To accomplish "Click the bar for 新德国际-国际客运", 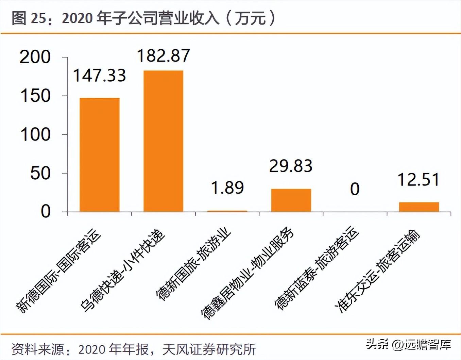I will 100,155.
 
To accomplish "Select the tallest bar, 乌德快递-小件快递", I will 163,141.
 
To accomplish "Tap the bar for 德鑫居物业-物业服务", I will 291,200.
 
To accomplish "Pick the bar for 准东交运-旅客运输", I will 419,207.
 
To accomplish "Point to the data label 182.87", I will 163,56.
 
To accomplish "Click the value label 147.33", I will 99,75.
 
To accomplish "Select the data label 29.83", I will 291,166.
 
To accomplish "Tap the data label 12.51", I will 419,180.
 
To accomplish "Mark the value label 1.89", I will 227,187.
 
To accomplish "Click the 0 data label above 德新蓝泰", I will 355,189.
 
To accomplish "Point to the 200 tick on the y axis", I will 35,57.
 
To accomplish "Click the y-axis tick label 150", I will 35,96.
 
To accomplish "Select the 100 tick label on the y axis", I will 35,135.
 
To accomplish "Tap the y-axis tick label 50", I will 40,173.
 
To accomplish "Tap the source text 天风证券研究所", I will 209,349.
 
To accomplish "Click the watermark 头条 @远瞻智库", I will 408,344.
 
